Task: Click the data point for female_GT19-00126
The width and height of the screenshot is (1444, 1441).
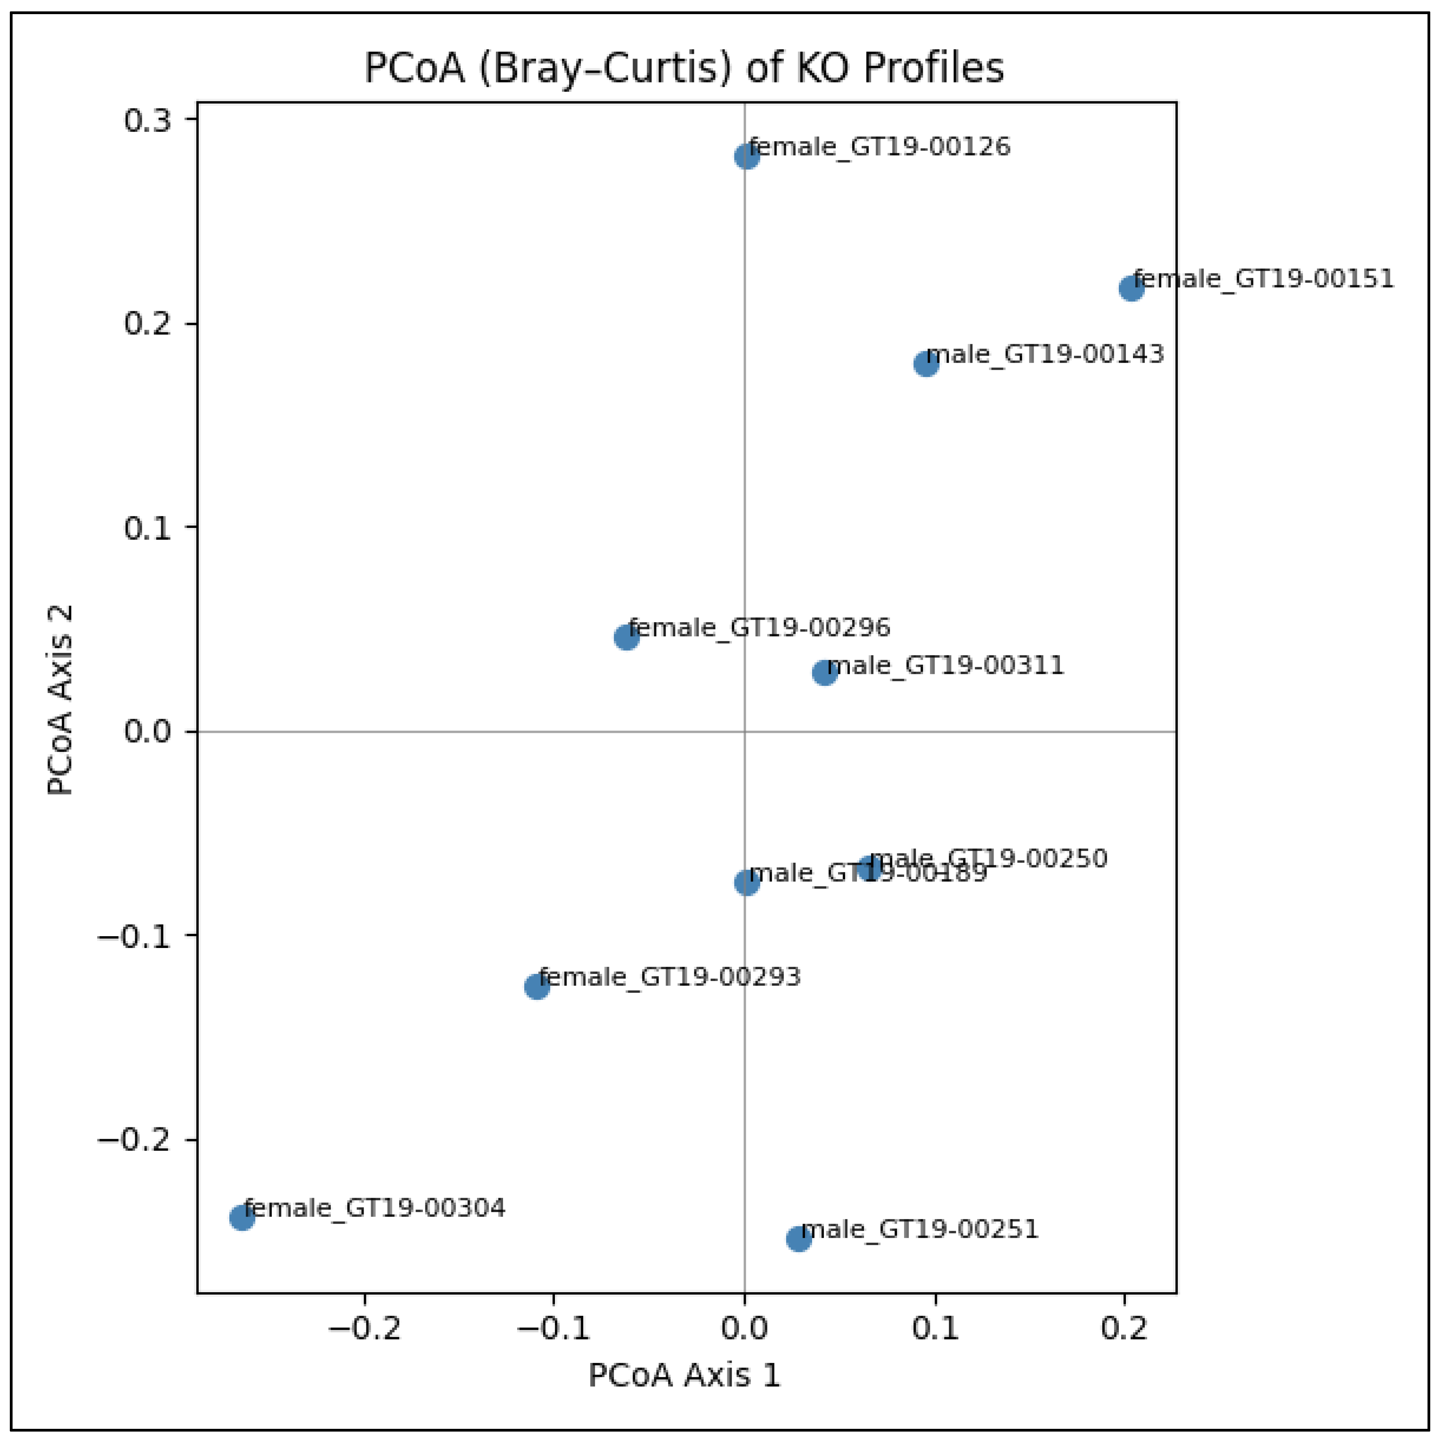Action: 747,157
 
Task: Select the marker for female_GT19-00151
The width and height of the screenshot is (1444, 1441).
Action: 1131,289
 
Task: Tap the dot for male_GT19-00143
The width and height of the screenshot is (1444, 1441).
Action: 926,365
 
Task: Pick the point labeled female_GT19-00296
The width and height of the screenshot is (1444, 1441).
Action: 626,637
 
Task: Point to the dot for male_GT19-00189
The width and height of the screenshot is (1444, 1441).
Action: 747,882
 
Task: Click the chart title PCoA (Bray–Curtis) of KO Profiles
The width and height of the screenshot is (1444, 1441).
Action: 683,68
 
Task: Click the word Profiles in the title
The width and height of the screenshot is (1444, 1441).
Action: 933,68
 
